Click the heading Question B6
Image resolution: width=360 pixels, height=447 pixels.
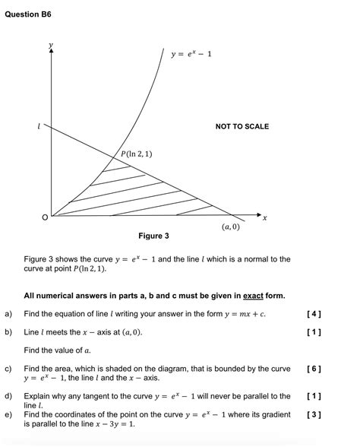click(x=28, y=14)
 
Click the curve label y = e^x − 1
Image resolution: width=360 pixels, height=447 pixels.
click(x=191, y=54)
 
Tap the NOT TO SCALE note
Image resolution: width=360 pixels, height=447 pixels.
click(x=242, y=126)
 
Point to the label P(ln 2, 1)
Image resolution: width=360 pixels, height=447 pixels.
click(x=137, y=154)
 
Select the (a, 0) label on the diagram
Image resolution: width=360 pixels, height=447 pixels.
click(x=231, y=227)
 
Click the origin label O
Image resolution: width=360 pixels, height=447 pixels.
click(x=44, y=218)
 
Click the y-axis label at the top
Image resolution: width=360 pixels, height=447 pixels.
click(x=51, y=46)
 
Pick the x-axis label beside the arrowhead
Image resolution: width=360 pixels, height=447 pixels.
click(x=264, y=218)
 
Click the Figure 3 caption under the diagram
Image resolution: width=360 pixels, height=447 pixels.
click(x=153, y=236)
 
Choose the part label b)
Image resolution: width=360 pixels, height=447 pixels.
click(x=8, y=332)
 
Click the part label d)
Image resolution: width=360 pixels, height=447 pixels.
click(x=8, y=396)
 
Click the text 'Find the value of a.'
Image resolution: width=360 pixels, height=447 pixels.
click(x=58, y=350)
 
